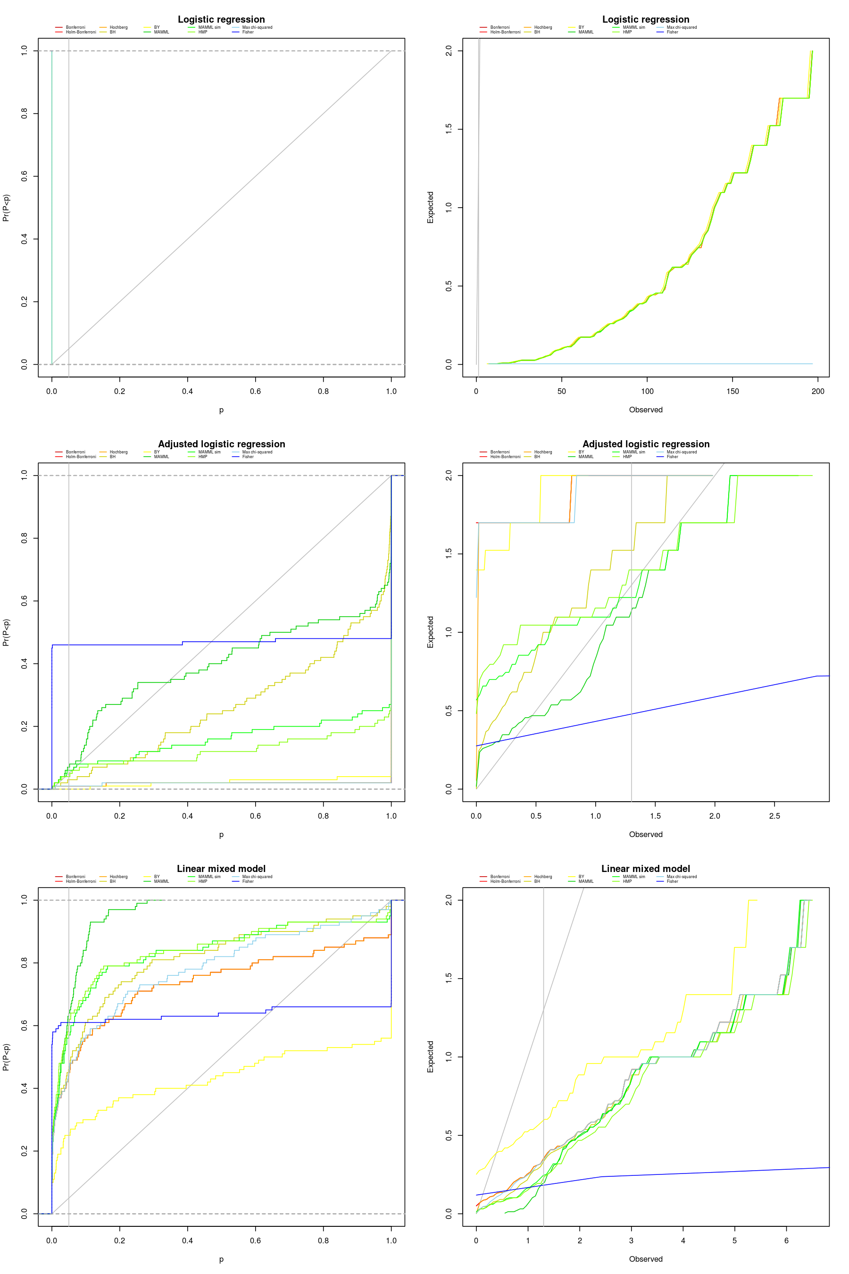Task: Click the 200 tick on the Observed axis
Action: [817, 391]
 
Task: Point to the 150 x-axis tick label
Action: [732, 391]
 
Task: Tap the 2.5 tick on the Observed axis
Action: [774, 816]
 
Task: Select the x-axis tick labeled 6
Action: [786, 1240]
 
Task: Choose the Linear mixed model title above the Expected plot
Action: [645, 869]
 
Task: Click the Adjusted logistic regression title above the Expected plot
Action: [645, 444]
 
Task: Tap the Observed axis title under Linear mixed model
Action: [645, 1259]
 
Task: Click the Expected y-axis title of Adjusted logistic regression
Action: [431, 632]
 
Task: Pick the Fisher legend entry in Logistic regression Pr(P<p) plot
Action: [248, 32]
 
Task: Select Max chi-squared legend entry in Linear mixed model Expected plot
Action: [681, 876]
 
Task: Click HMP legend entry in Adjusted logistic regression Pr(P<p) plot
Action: [202, 457]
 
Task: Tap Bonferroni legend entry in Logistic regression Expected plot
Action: [499, 27]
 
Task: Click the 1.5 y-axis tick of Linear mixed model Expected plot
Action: [449, 978]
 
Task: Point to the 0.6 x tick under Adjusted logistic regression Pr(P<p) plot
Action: [255, 816]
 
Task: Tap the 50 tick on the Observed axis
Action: [561, 391]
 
